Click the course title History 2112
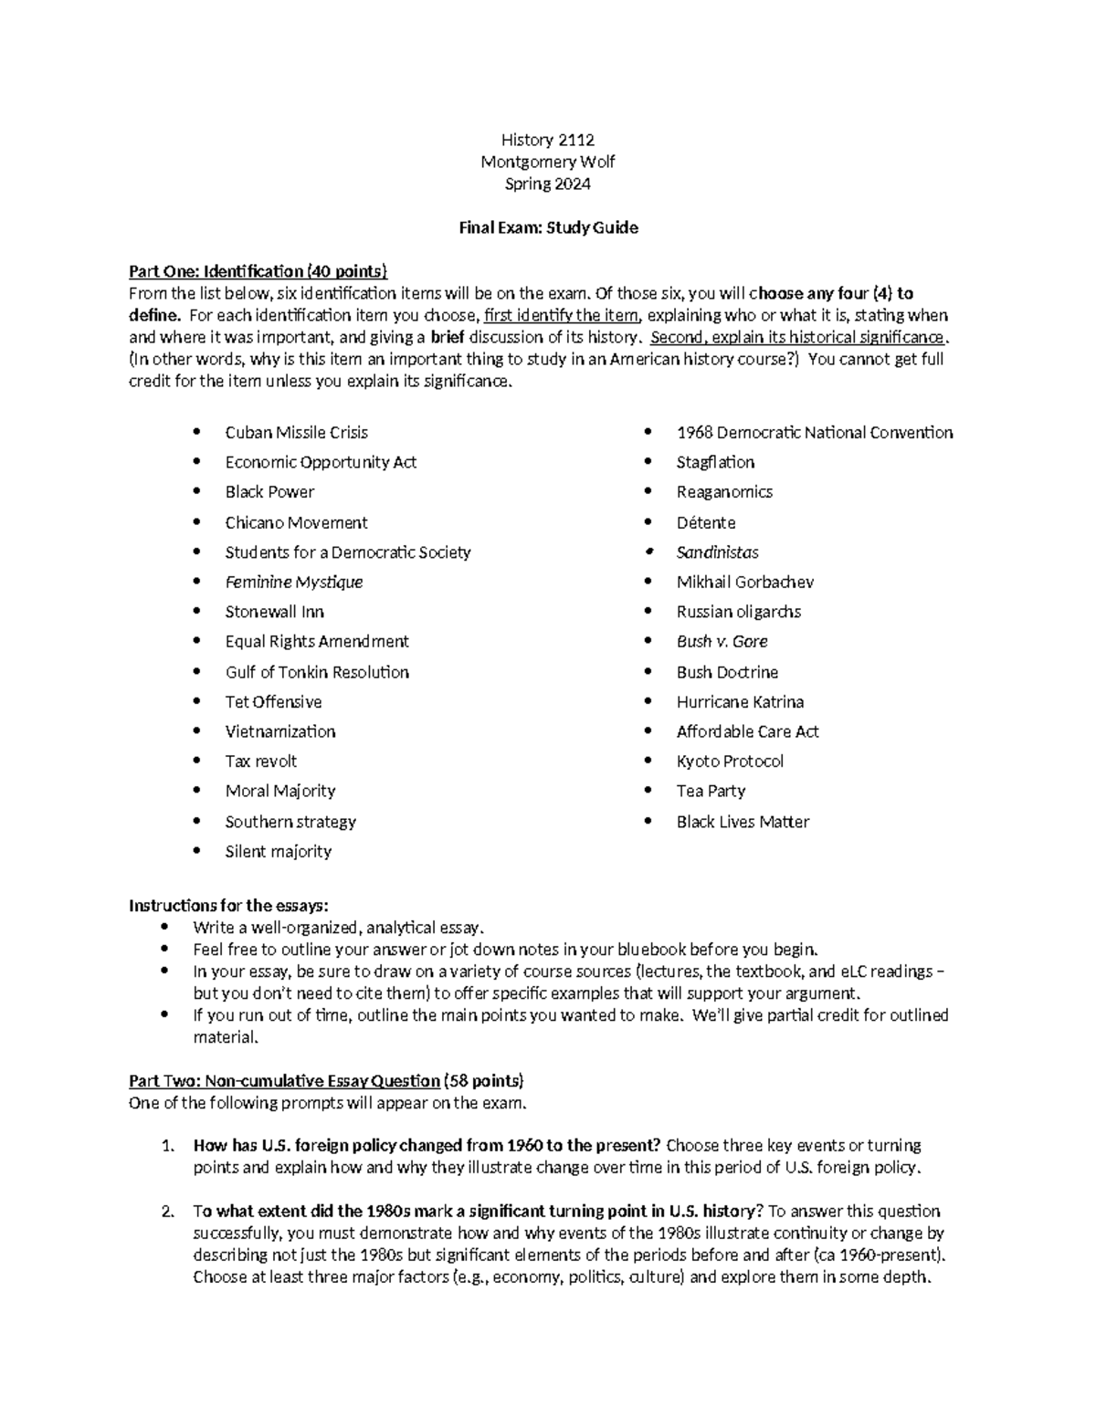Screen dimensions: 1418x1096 [547, 140]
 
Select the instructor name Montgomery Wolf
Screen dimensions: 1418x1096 [547, 162]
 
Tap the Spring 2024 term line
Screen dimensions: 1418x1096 [547, 184]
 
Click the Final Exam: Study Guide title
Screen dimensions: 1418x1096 [547, 228]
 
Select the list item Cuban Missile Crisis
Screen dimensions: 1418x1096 [296, 433]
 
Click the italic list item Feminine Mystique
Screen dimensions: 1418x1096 [293, 582]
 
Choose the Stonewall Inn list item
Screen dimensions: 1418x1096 [274, 612]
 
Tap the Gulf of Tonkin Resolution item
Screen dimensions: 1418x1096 [317, 672]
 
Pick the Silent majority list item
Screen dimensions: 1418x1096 [278, 851]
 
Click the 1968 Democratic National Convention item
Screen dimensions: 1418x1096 [814, 433]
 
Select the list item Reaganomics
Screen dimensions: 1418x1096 [724, 492]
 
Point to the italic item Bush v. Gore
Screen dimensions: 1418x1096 [722, 642]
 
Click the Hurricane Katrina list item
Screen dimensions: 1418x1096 [740, 702]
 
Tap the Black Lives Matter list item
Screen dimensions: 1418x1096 [743, 822]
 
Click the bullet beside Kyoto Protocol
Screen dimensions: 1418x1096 [648, 762]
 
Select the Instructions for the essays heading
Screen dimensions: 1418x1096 [227, 906]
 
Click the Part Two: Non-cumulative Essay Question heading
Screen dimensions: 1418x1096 [284, 1081]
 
